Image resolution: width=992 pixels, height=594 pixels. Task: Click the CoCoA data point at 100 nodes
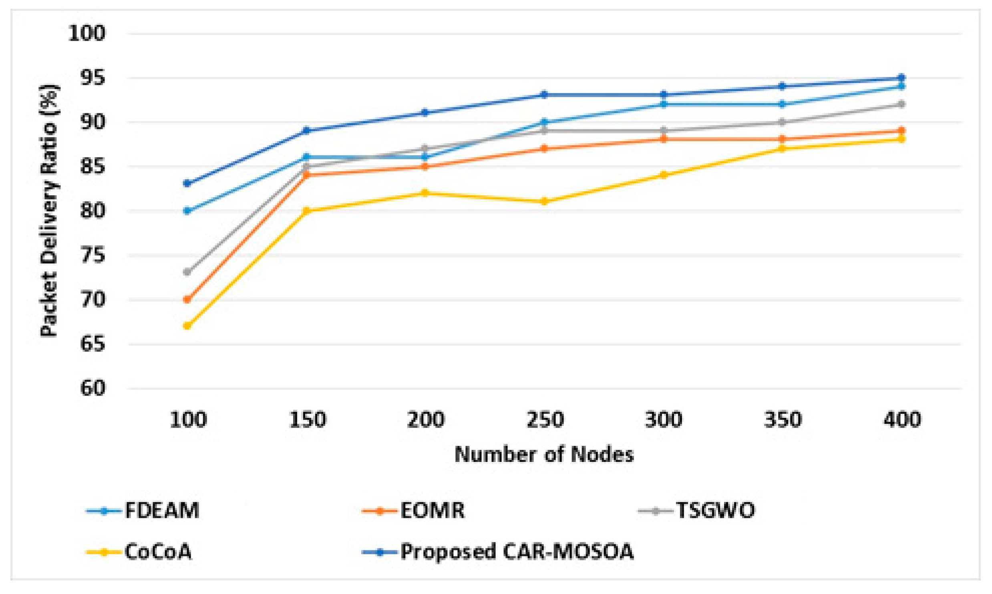(x=187, y=326)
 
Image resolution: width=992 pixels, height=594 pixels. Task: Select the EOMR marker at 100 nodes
(x=187, y=299)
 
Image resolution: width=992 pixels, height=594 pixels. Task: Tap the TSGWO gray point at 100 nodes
(x=187, y=272)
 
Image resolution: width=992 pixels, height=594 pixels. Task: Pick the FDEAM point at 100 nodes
(x=187, y=211)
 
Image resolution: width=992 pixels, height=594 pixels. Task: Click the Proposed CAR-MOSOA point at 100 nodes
(x=187, y=184)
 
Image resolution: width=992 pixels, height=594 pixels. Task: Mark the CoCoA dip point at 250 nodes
(x=544, y=201)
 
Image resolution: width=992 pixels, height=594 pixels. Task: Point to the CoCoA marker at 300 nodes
(x=663, y=175)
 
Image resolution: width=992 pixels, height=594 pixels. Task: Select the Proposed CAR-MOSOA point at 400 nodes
(x=901, y=78)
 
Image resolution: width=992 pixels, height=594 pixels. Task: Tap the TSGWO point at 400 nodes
(x=901, y=104)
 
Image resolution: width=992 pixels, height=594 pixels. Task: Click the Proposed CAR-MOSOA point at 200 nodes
(x=425, y=112)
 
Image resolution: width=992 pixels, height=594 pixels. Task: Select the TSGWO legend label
(x=715, y=511)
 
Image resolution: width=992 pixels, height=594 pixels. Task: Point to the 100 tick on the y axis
(x=87, y=33)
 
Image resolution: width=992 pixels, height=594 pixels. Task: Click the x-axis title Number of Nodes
(x=544, y=455)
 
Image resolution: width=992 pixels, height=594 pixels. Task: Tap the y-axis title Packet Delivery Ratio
(x=49, y=211)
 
